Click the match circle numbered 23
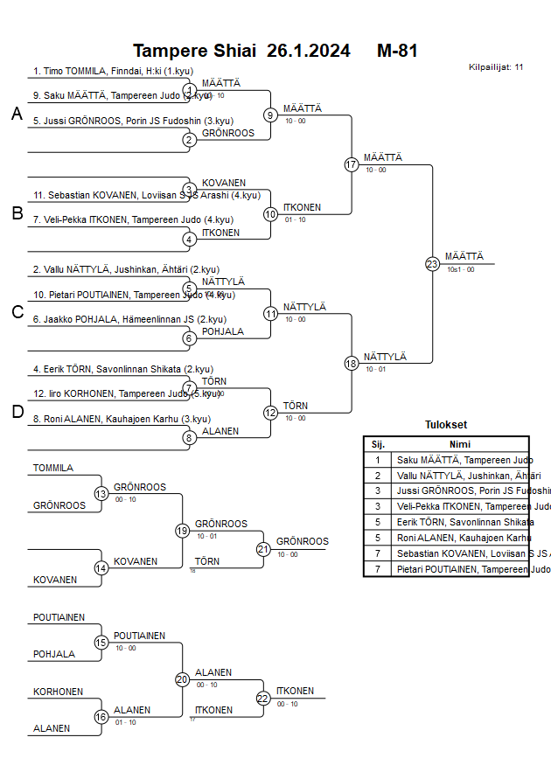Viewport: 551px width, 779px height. pos(432,264)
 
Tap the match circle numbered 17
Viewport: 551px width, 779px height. pos(352,164)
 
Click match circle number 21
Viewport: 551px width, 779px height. pos(263,549)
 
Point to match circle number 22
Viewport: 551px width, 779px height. pos(263,698)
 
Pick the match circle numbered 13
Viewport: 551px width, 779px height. pos(101,494)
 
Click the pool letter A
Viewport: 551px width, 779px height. pos(17,114)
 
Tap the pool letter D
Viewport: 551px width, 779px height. pos(17,412)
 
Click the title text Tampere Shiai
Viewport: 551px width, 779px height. pos(194,51)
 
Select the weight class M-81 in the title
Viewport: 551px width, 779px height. pos(397,51)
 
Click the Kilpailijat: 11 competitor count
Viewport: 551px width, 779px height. pos(496,66)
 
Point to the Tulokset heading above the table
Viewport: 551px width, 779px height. pos(446,425)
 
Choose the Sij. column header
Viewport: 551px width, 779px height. pos(378,444)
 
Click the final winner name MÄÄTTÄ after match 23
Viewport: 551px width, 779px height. pos(464,256)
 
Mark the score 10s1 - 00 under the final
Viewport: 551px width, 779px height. pos(460,269)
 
